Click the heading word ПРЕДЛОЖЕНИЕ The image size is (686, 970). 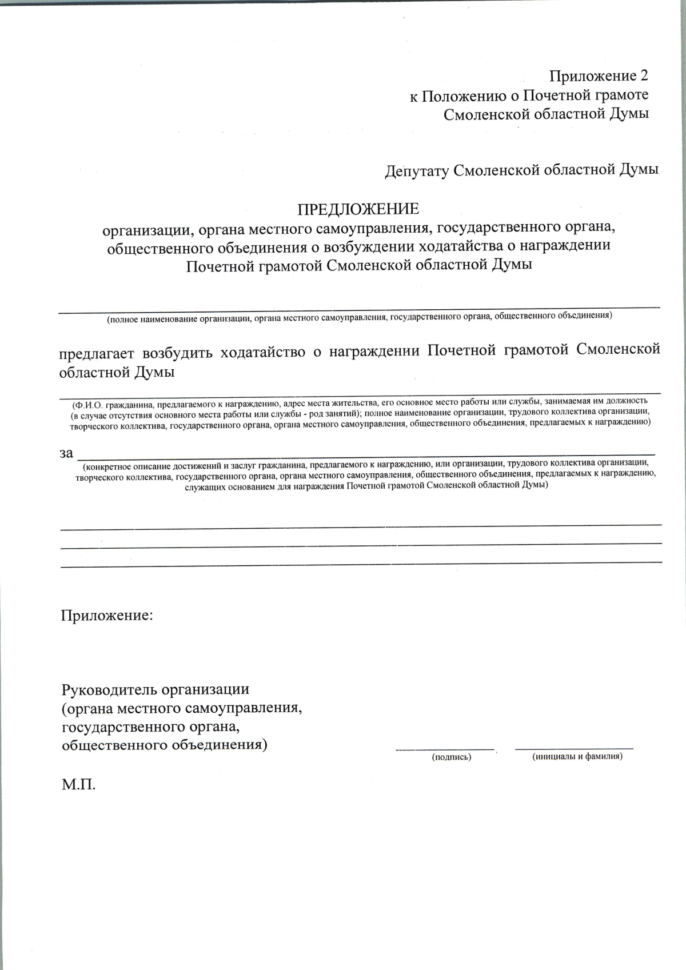(358, 209)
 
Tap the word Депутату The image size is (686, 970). (416, 171)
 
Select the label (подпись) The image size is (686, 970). (452, 757)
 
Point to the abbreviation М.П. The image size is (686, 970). (78, 784)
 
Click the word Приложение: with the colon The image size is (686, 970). (107, 616)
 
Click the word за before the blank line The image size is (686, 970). (66, 453)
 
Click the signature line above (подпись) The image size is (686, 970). (445, 748)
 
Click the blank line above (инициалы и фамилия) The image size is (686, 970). (574, 748)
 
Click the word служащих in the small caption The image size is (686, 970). (203, 486)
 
